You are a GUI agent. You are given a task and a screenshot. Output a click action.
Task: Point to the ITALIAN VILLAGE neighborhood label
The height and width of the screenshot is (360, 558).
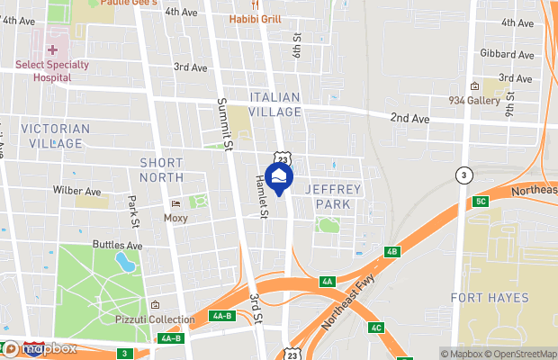274,103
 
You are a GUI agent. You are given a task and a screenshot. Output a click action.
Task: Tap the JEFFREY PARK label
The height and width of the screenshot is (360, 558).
333,196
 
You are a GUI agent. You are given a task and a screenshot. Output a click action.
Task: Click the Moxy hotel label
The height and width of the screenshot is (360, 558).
176,217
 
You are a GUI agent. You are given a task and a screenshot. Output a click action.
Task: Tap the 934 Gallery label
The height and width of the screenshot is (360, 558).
474,101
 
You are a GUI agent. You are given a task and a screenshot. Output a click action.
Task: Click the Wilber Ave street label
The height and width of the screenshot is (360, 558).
77,192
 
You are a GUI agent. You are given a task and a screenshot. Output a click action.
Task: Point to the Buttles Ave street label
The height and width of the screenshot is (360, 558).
118,245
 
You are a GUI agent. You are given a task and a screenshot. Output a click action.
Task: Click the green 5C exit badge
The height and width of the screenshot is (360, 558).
481,201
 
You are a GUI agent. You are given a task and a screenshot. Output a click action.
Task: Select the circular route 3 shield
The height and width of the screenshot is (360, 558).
463,175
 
